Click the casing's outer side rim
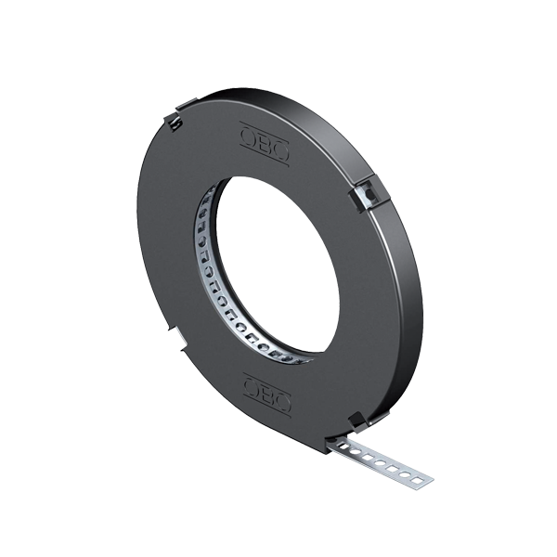[408, 306]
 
